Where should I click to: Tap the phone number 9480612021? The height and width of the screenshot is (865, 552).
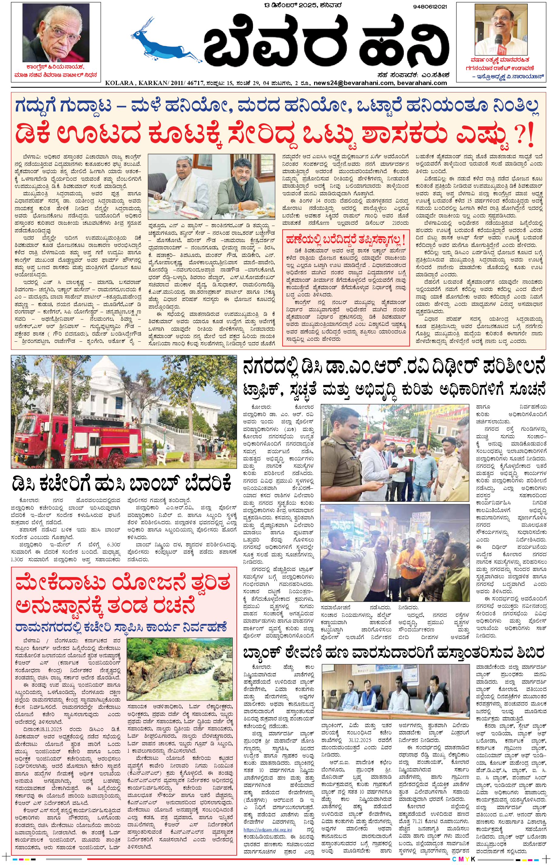pos(430,6)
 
